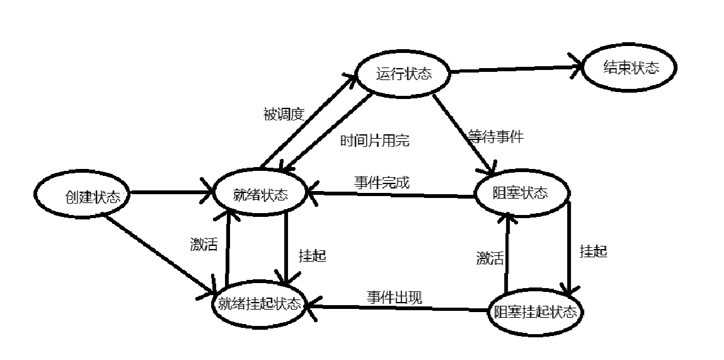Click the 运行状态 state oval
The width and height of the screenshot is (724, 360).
click(404, 74)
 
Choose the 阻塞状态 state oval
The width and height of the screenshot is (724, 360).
click(521, 192)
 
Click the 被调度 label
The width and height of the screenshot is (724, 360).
click(284, 115)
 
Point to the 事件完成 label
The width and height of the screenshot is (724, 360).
click(382, 183)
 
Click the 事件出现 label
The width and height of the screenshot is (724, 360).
click(395, 297)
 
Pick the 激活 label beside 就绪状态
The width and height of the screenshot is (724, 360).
click(204, 245)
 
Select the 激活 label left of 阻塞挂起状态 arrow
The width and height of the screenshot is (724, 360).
click(490, 258)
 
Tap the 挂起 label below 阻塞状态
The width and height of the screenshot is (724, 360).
click(594, 252)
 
